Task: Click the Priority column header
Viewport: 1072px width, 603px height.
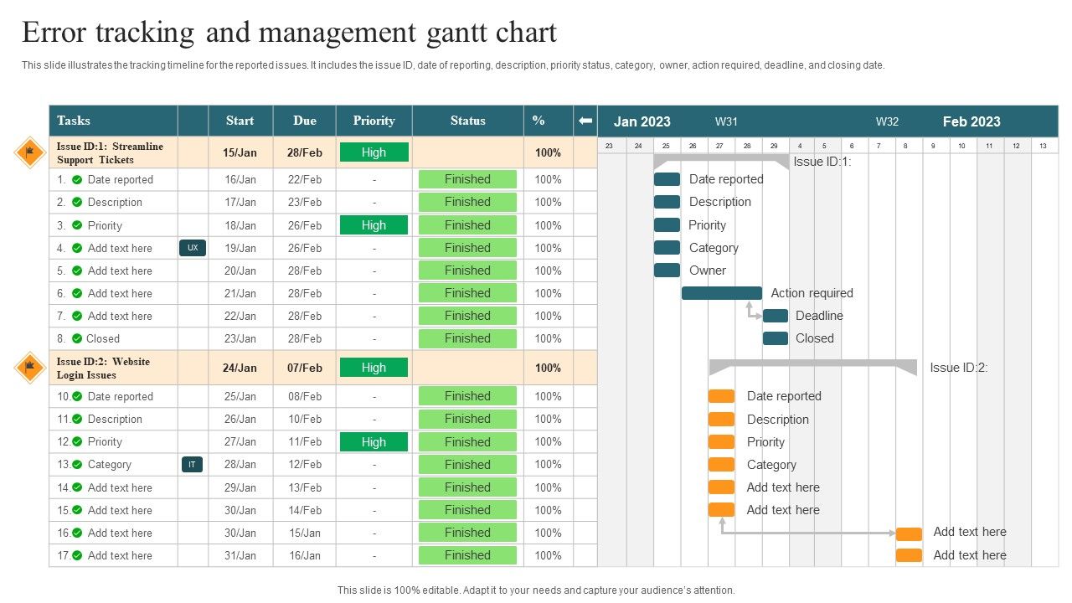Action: tap(374, 121)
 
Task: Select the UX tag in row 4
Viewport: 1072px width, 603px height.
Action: tap(193, 248)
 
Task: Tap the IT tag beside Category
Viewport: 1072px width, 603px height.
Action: tap(192, 464)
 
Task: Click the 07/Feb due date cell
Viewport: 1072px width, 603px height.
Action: tap(305, 368)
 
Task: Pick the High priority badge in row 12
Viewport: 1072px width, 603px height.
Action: tap(374, 442)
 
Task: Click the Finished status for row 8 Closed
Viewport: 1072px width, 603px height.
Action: tap(467, 338)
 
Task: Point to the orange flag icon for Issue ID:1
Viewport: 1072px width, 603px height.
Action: tap(30, 152)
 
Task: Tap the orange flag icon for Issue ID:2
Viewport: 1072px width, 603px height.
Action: tap(30, 367)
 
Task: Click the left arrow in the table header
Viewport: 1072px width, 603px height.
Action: tap(585, 121)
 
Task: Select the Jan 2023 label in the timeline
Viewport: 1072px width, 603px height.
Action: tap(642, 121)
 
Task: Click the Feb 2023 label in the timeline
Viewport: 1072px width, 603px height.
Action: tap(971, 121)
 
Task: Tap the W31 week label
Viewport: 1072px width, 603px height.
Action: tap(726, 121)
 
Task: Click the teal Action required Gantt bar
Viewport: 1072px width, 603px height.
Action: tap(722, 293)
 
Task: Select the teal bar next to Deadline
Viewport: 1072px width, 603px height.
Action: tap(776, 316)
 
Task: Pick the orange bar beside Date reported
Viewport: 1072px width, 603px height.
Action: tap(721, 396)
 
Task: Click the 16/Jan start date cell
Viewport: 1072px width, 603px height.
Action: tap(240, 179)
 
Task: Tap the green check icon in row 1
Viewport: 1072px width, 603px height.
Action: tap(77, 179)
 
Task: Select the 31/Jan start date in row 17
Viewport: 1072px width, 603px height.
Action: tap(240, 555)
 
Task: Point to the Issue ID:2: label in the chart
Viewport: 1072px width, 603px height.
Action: tap(959, 368)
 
